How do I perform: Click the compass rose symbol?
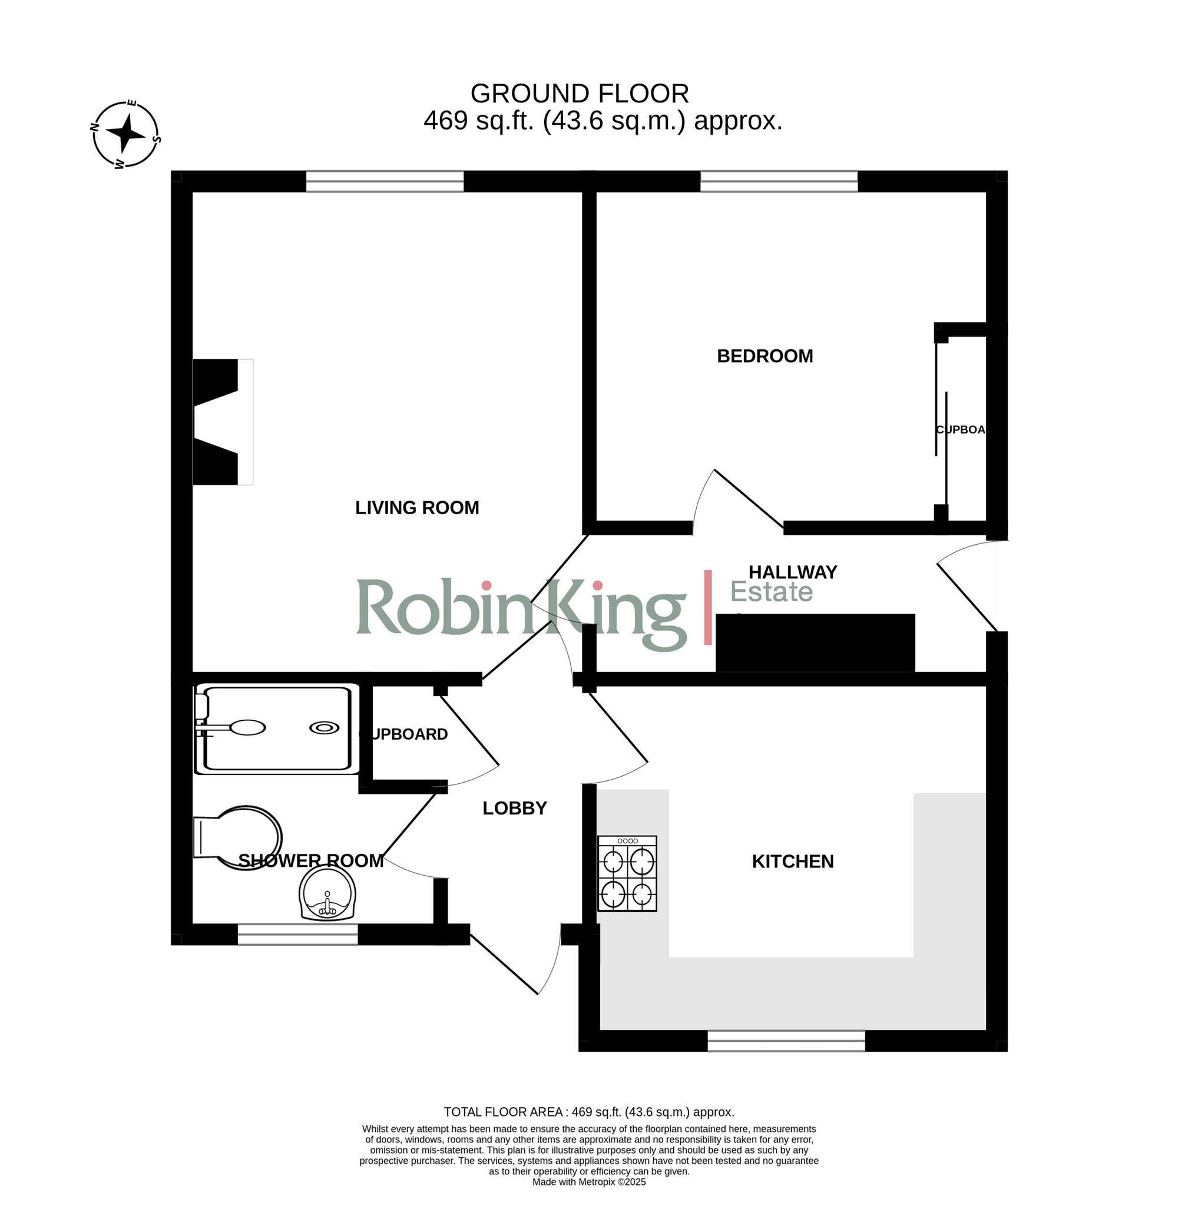coord(125,135)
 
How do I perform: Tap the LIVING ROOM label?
coord(416,508)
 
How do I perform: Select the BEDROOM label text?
coord(765,356)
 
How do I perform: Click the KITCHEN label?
coord(793,862)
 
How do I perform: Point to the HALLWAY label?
coord(793,572)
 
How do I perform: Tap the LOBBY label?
coord(514,809)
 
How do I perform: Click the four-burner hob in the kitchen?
coord(627,873)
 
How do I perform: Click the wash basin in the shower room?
coord(327,895)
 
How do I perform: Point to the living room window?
coord(385,181)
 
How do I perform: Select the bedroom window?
coord(779,181)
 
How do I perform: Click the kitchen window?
coord(786,1041)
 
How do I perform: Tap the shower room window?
coord(297,934)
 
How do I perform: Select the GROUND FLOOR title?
coord(580,94)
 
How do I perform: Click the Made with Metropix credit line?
coord(588,1181)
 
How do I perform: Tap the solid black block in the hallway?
coord(815,643)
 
